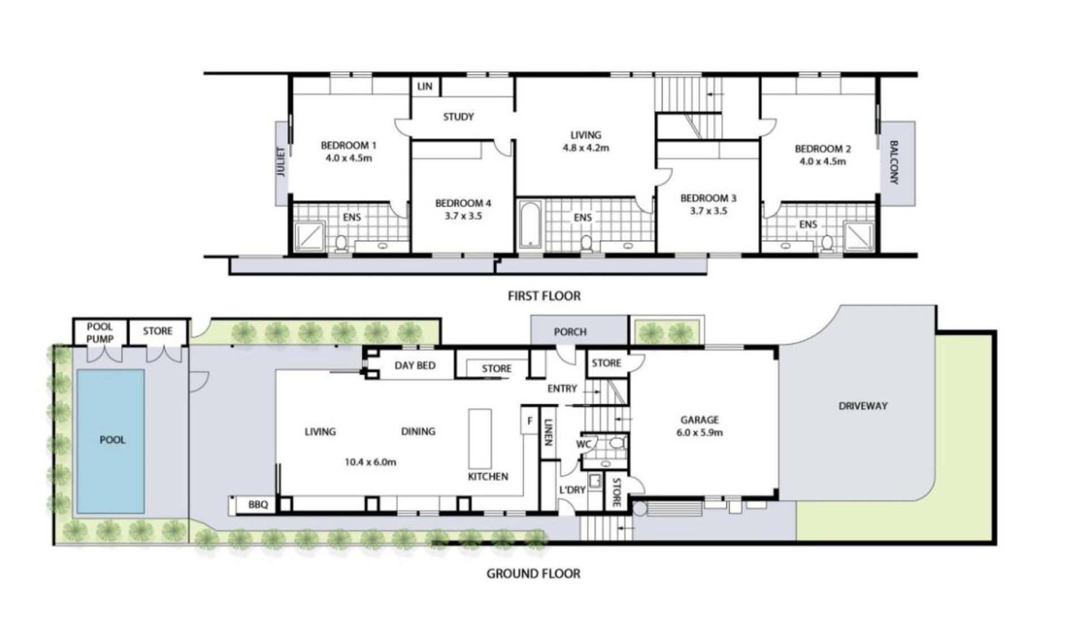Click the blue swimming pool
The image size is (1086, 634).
tap(110, 441)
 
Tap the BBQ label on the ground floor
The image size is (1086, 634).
tap(258, 504)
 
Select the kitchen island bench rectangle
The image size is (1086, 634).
tap(480, 438)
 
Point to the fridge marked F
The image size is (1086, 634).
tap(529, 421)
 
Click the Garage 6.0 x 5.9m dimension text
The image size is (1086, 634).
tap(700, 433)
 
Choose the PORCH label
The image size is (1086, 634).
tap(570, 332)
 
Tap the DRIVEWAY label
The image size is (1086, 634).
tap(863, 406)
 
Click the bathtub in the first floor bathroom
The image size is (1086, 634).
tap(530, 225)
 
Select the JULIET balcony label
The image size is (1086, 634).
tap(281, 162)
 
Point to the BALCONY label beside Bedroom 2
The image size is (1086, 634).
tap(894, 162)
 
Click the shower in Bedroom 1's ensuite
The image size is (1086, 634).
tap(310, 236)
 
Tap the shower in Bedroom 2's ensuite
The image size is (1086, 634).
tap(859, 236)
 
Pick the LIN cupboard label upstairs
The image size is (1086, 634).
tap(425, 87)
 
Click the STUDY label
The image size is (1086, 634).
tap(458, 117)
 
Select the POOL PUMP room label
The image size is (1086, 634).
tap(100, 333)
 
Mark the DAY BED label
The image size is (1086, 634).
tap(415, 365)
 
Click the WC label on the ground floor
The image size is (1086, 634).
tap(583, 444)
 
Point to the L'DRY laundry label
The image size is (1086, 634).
tap(572, 490)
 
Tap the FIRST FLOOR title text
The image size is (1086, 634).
tap(544, 296)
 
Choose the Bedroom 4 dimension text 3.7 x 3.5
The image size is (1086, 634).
tap(463, 216)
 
